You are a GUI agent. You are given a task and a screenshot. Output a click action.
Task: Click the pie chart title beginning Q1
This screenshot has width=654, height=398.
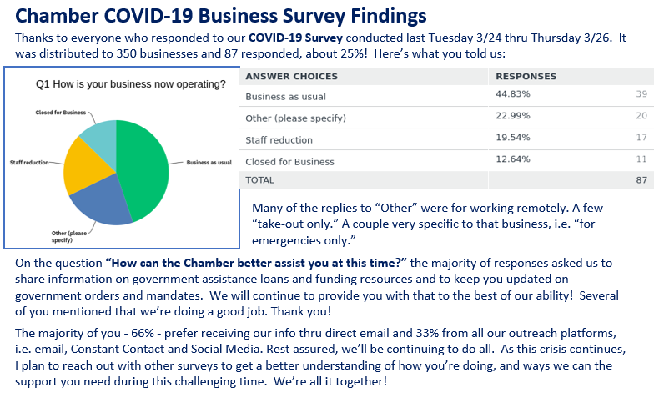pyautogui.click(x=130, y=84)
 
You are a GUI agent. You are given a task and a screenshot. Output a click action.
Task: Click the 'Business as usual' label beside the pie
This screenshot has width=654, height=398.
pyautogui.click(x=209, y=161)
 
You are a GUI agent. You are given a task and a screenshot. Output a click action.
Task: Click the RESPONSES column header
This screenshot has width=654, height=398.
pyautogui.click(x=526, y=76)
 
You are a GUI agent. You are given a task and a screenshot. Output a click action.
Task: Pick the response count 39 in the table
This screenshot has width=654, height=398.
pyautogui.click(x=641, y=96)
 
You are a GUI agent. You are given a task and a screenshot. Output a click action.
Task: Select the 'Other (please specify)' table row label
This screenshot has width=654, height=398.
pyautogui.click(x=295, y=118)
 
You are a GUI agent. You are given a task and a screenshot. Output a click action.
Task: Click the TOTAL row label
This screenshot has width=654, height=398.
pyautogui.click(x=260, y=179)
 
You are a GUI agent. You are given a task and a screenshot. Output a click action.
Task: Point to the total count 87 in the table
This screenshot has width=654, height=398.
pyautogui.click(x=641, y=179)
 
